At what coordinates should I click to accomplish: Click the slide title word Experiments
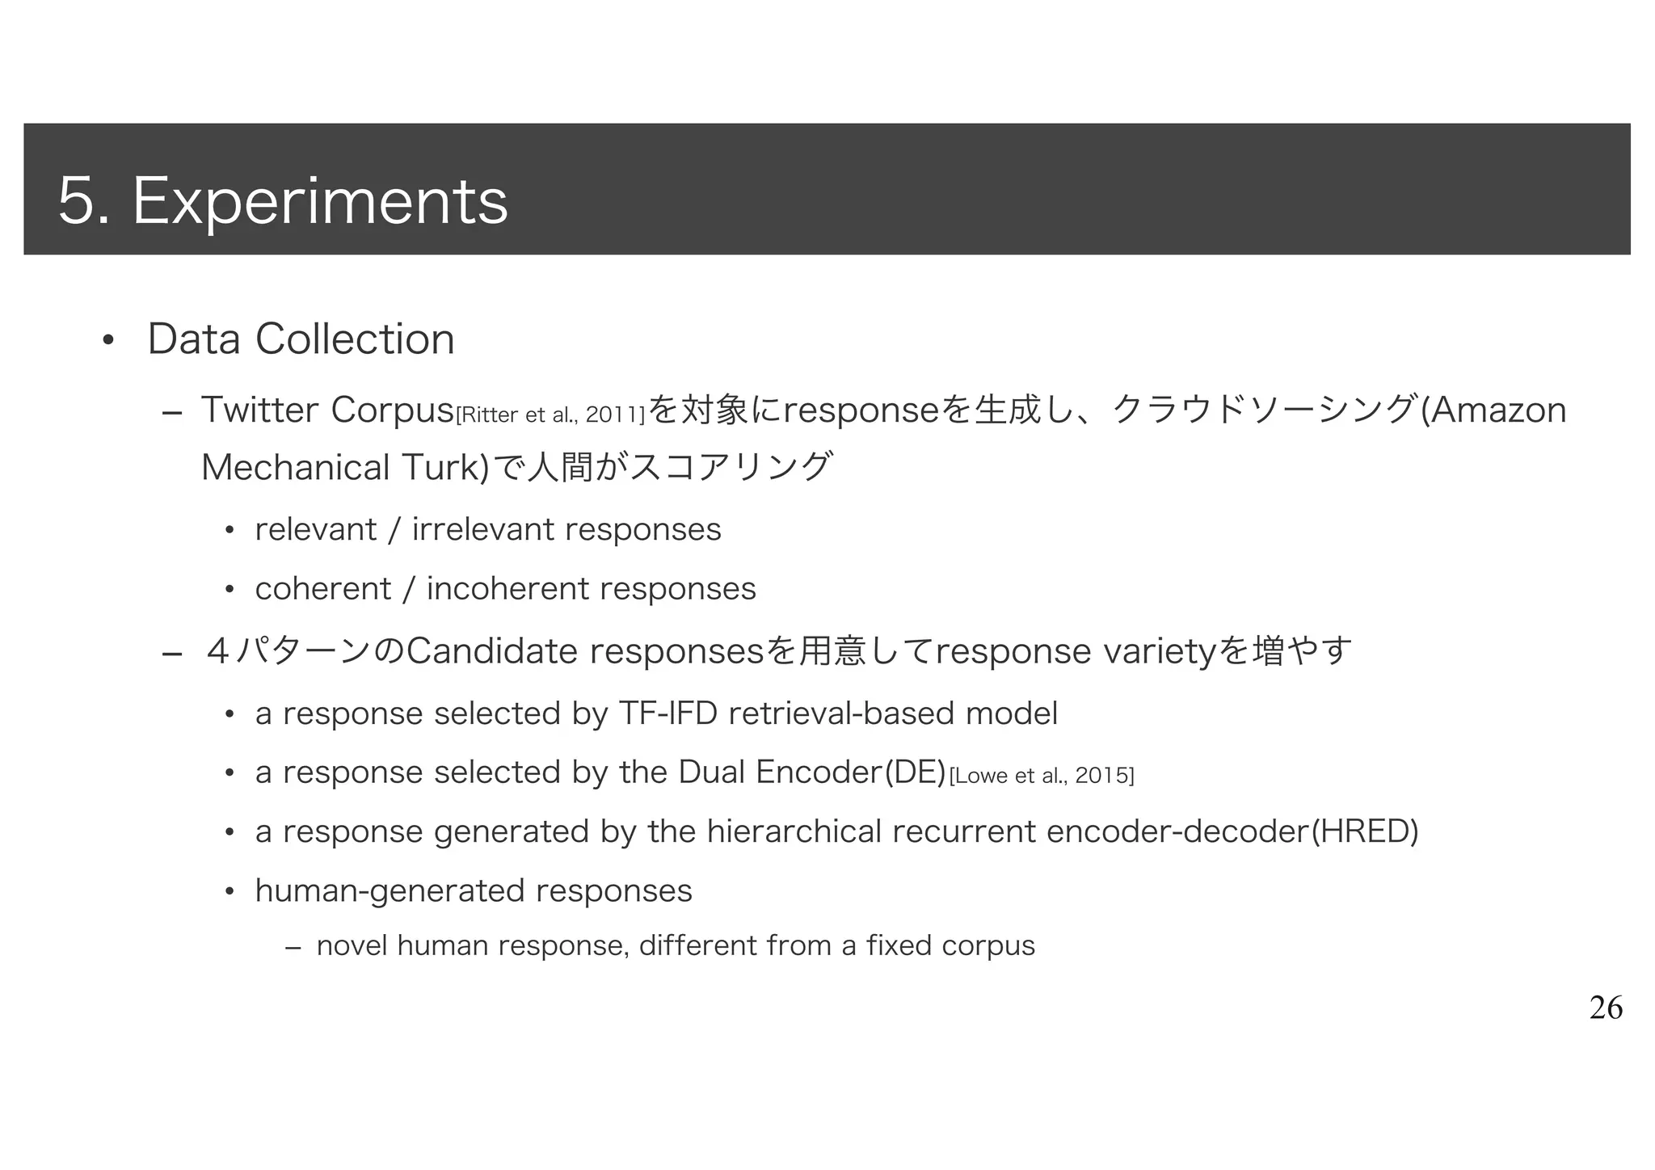point(320,201)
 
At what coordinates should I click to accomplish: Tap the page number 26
point(1605,1008)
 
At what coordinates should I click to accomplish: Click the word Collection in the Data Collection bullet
point(355,339)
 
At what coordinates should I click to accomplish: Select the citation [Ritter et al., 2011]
point(550,416)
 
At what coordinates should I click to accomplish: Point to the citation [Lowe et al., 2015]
point(1041,776)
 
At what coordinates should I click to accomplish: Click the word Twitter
point(259,410)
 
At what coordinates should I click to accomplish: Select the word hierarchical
point(794,831)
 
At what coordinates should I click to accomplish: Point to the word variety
point(1159,651)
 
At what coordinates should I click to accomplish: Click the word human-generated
point(390,891)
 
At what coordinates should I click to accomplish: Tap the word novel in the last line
point(352,945)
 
